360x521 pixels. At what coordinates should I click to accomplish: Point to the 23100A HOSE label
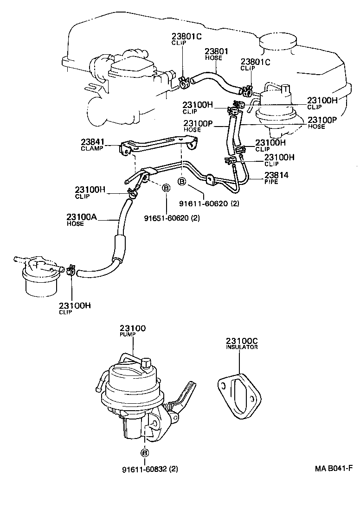[x=81, y=220]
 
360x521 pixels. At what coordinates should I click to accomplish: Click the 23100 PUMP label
[x=133, y=331]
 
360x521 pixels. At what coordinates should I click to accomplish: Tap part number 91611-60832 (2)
[x=150, y=469]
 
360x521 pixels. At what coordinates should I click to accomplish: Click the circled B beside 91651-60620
[x=165, y=188]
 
